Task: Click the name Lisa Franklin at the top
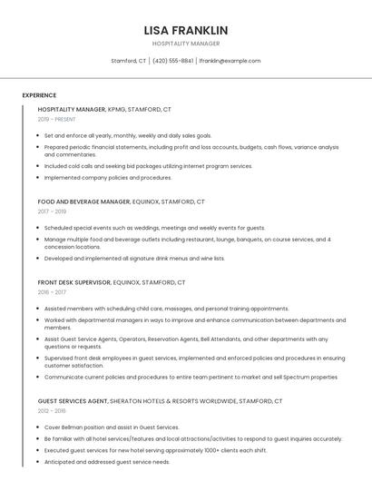[x=186, y=30]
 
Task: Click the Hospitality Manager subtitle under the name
[x=186, y=44]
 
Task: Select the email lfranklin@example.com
[x=230, y=61]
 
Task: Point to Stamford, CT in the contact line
[x=129, y=61]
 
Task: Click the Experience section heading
[x=39, y=95]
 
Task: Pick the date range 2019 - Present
[x=56, y=119]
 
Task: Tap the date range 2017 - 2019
[x=54, y=211]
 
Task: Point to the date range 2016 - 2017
[x=54, y=292]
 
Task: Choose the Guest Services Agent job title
[x=73, y=400]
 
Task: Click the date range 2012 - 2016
[x=54, y=410]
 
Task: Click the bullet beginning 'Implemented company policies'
[x=108, y=178]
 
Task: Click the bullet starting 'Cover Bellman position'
[x=112, y=427]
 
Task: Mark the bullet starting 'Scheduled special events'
[x=154, y=228]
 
